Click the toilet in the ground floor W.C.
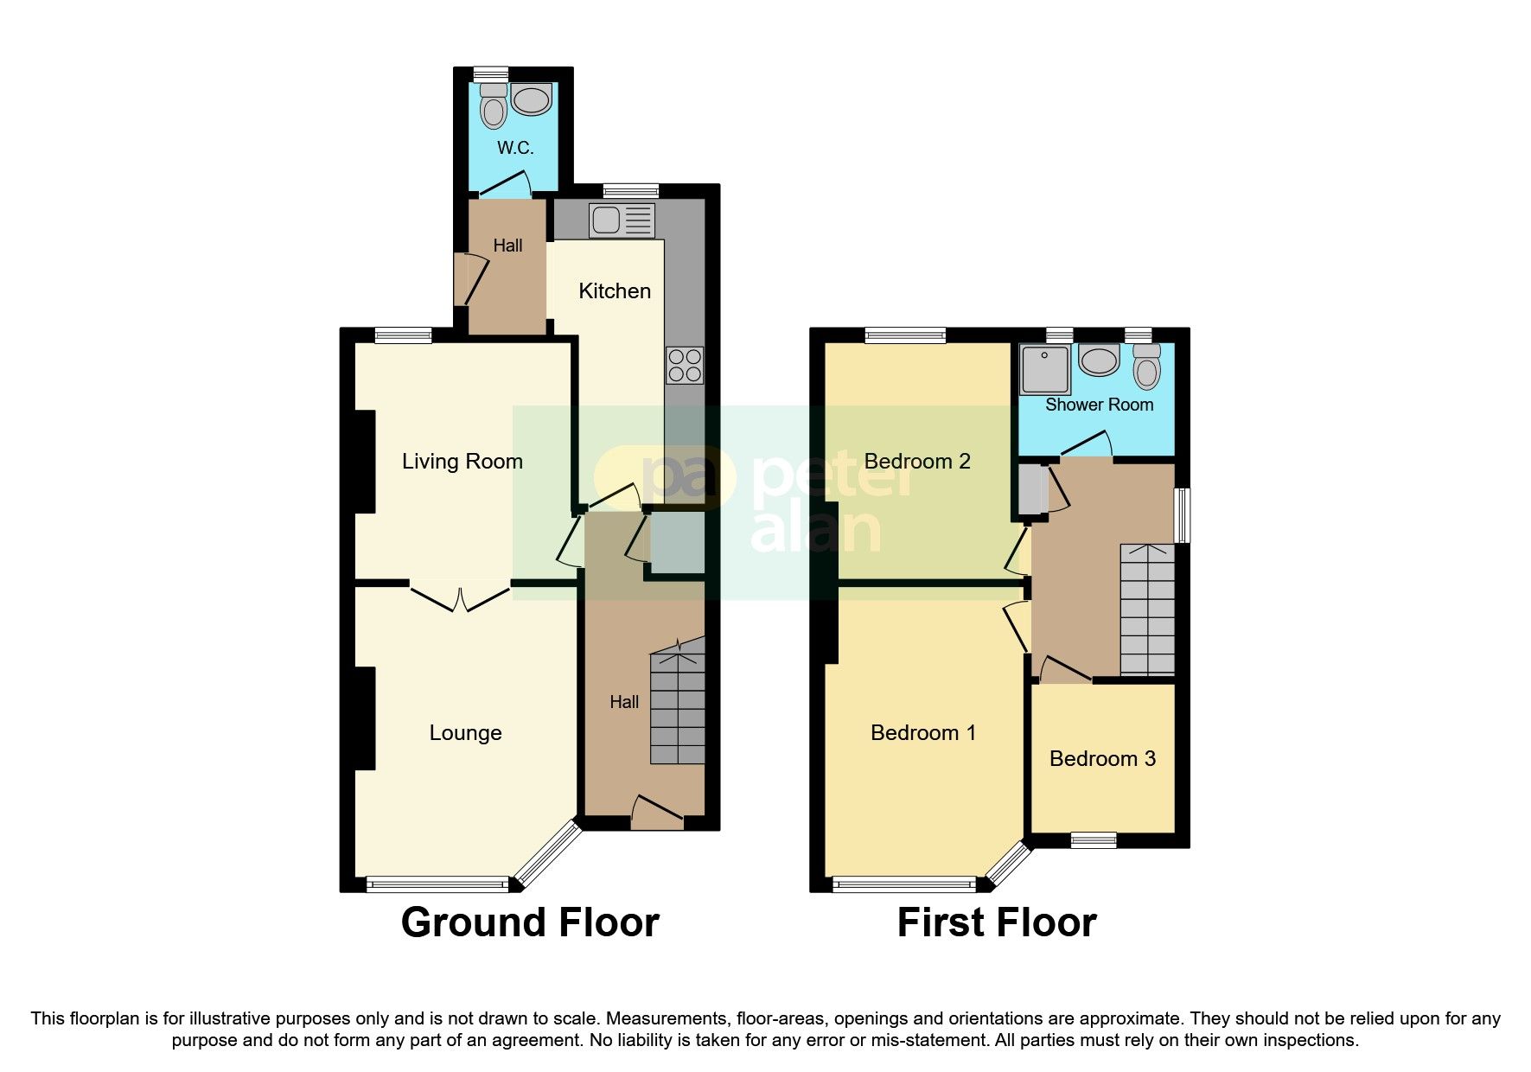point(494,107)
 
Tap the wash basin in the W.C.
point(531,99)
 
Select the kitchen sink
point(622,220)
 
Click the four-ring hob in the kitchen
point(684,365)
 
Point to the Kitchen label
point(615,291)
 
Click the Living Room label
point(462,462)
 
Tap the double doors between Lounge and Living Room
point(460,597)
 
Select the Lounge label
point(465,733)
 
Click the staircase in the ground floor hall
point(678,705)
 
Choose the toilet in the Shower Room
point(1147,367)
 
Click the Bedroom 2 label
point(917,462)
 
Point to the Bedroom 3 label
point(1102,759)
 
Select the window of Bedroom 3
point(1094,839)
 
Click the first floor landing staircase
point(1148,609)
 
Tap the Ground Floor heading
point(530,922)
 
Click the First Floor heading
point(997,922)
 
